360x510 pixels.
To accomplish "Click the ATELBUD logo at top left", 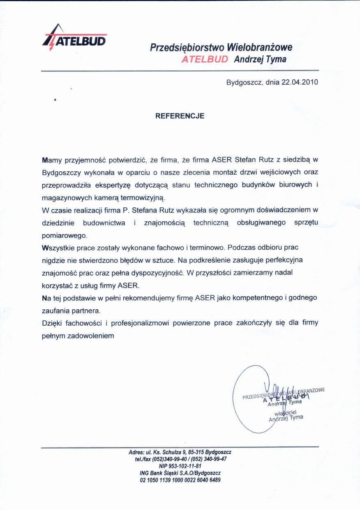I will click(75, 38).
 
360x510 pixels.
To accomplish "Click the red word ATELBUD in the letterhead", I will click(204, 59).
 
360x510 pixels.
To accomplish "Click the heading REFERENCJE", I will click(180, 116).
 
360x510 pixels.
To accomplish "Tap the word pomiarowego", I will click(65, 236).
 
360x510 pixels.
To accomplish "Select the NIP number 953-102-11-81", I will click(185, 466).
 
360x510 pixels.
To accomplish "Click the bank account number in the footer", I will click(180, 480).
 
